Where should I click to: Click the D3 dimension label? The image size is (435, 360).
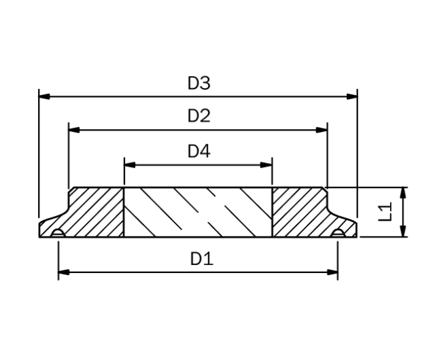[x=199, y=84]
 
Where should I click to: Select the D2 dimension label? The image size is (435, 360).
[x=199, y=116]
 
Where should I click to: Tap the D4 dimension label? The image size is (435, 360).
[x=199, y=151]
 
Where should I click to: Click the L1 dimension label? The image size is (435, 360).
[x=385, y=212]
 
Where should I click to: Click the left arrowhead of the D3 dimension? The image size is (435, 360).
[x=44, y=96]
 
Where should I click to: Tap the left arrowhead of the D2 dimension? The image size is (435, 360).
[x=75, y=129]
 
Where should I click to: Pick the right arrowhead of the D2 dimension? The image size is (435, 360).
[x=321, y=129]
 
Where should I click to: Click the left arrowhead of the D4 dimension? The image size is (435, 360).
[x=129, y=164]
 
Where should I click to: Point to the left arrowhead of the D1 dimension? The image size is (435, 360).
[x=64, y=272]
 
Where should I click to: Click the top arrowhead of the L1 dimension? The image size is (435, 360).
[x=404, y=192]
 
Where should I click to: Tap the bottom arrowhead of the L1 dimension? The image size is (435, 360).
[x=404, y=232]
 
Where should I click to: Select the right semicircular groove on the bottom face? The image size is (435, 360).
[x=337, y=234]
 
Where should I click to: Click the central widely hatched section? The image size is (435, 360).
[x=198, y=212]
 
